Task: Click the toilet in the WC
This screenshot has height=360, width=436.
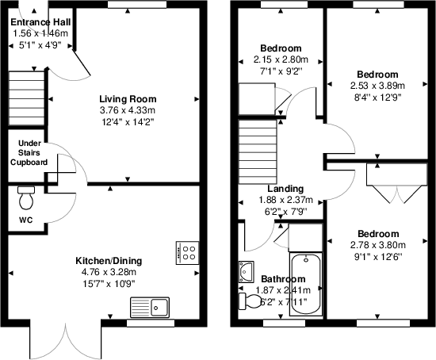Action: [27, 193]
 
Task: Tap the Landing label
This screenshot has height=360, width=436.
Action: [285, 189]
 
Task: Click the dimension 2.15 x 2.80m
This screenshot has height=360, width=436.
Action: [284, 59]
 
